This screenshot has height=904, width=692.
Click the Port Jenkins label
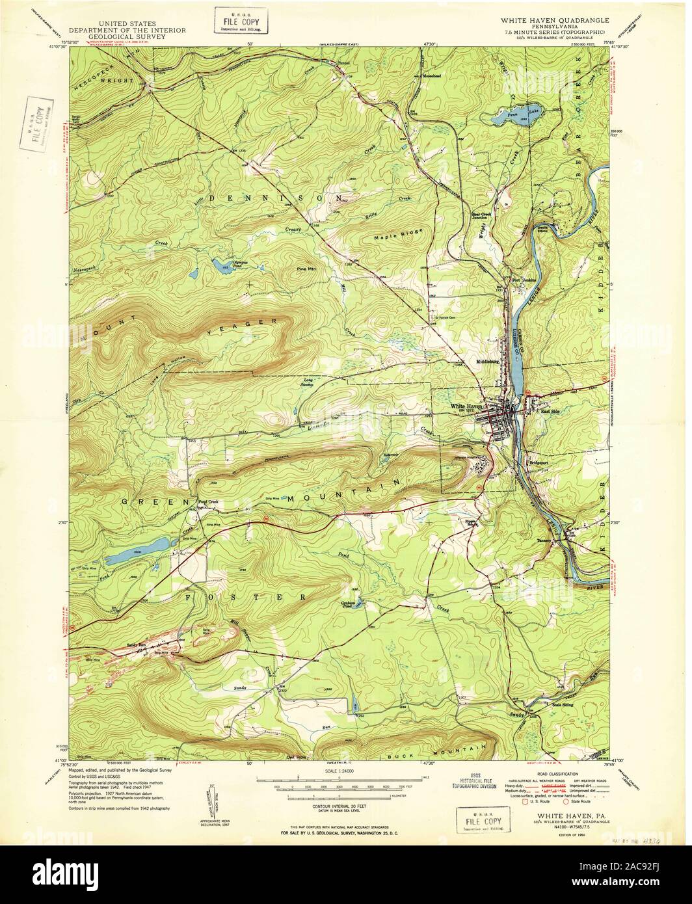pyautogui.click(x=524, y=280)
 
